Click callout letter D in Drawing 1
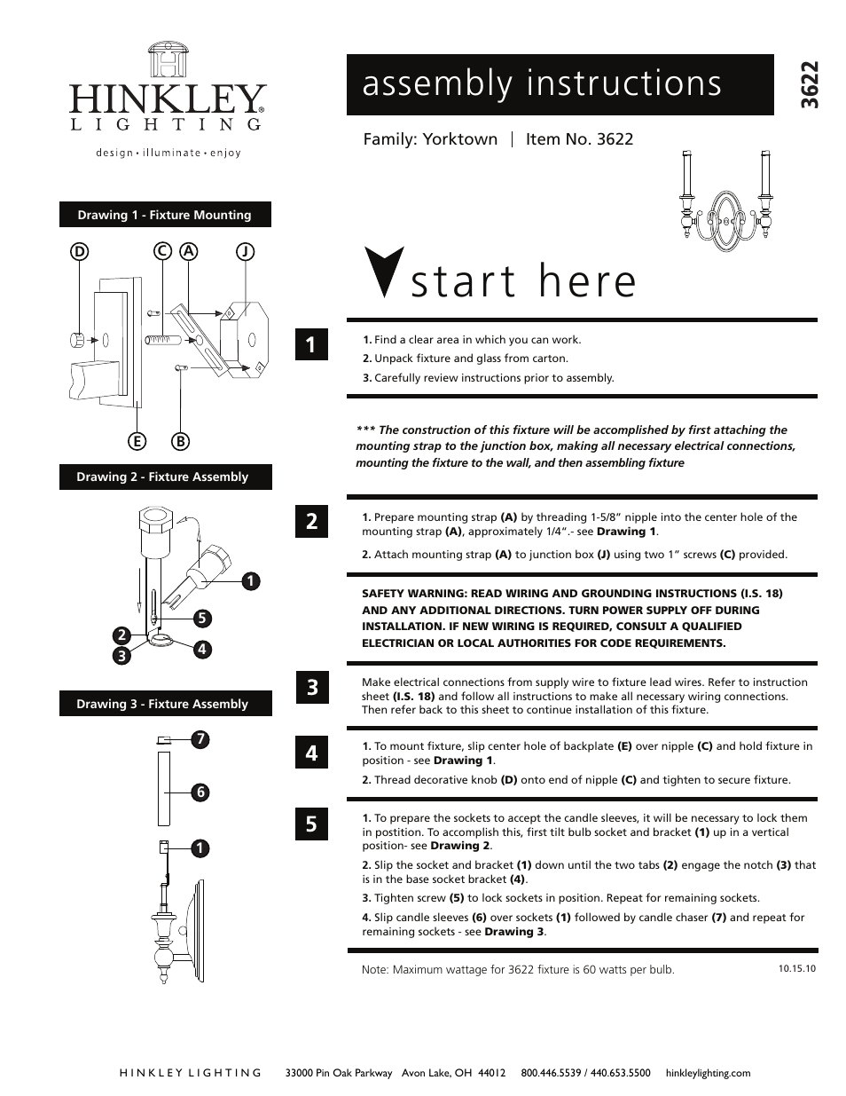pyautogui.click(x=81, y=251)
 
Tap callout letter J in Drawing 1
pyautogui.click(x=245, y=251)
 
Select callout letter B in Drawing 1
pyautogui.click(x=180, y=441)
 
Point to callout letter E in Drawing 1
pyautogui.click(x=137, y=441)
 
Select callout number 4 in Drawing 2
pyautogui.click(x=202, y=649)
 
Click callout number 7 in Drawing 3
pyautogui.click(x=201, y=738)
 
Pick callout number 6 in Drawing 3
pyautogui.click(x=201, y=792)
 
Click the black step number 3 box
pyautogui.click(x=312, y=687)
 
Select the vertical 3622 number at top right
pyautogui.click(x=807, y=85)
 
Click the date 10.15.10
pyautogui.click(x=796, y=968)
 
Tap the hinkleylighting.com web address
pyautogui.click(x=708, y=1073)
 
